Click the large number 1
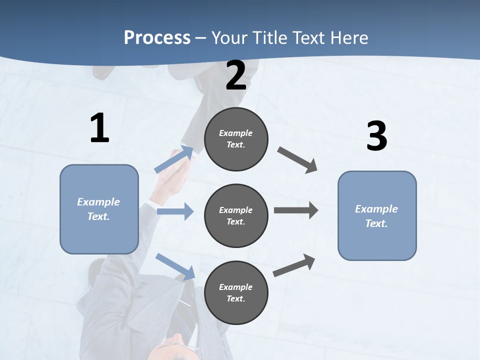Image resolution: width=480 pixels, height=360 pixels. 99,128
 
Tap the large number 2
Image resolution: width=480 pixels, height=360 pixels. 236,76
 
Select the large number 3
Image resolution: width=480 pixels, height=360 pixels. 377,136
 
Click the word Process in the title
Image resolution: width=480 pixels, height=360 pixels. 157,37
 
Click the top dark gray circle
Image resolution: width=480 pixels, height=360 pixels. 236,139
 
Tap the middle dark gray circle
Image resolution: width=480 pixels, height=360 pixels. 236,216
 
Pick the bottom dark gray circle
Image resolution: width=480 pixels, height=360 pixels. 236,293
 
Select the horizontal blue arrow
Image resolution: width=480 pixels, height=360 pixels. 175,211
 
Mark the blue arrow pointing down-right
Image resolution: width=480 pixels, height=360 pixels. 175,266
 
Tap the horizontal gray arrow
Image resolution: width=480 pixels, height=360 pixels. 296,210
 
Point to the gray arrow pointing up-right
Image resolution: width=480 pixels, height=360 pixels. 294,265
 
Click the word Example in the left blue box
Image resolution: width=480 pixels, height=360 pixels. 98,202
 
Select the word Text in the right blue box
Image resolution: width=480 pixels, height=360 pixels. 376,223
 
